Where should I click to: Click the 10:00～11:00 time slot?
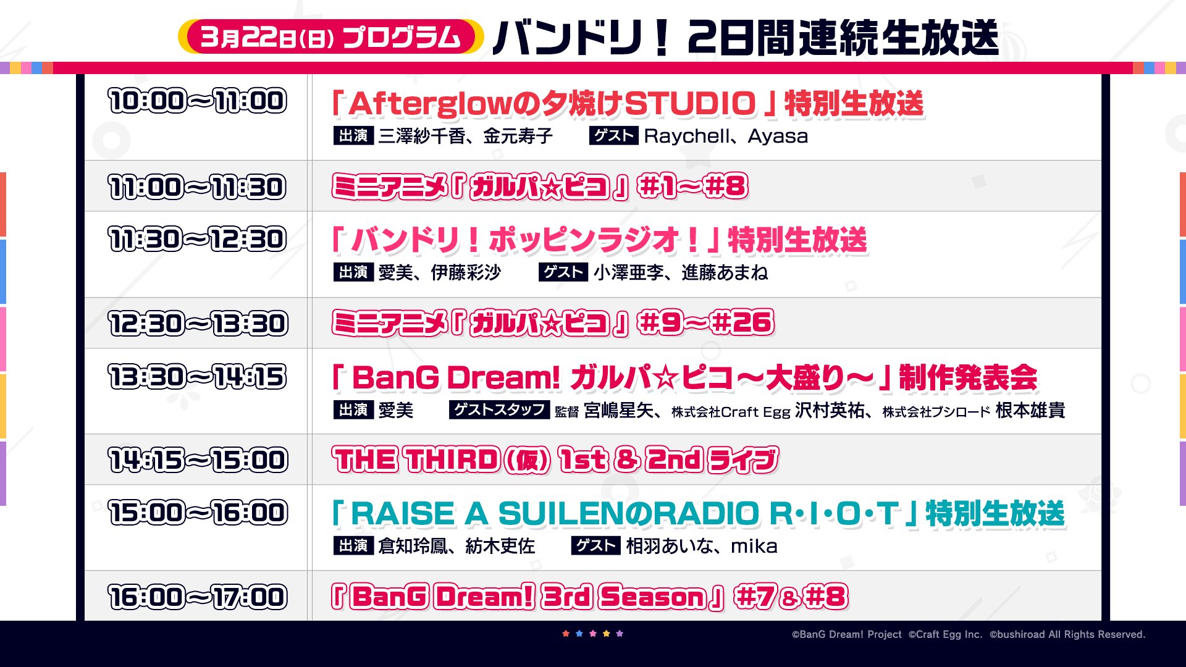(x=198, y=101)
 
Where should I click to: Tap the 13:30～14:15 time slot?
(x=198, y=377)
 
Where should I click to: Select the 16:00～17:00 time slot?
(x=198, y=597)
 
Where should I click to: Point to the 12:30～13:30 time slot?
(x=198, y=324)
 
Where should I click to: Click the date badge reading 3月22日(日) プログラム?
(x=330, y=36)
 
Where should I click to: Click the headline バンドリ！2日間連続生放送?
(x=746, y=38)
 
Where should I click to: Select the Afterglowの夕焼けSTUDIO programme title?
(x=628, y=103)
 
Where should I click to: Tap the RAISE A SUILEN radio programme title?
(x=699, y=513)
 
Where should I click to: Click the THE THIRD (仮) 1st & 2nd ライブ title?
(x=555, y=460)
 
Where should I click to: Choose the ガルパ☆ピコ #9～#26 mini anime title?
(x=553, y=323)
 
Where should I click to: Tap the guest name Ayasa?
(x=778, y=136)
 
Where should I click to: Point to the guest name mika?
(x=754, y=546)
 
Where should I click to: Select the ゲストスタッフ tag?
(x=499, y=409)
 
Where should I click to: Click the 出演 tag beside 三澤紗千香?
(x=353, y=135)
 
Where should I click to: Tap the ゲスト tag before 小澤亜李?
(x=563, y=272)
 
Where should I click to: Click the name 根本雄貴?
(x=1030, y=410)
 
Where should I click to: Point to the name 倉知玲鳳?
(x=413, y=546)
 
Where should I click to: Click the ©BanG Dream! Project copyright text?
(x=847, y=634)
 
